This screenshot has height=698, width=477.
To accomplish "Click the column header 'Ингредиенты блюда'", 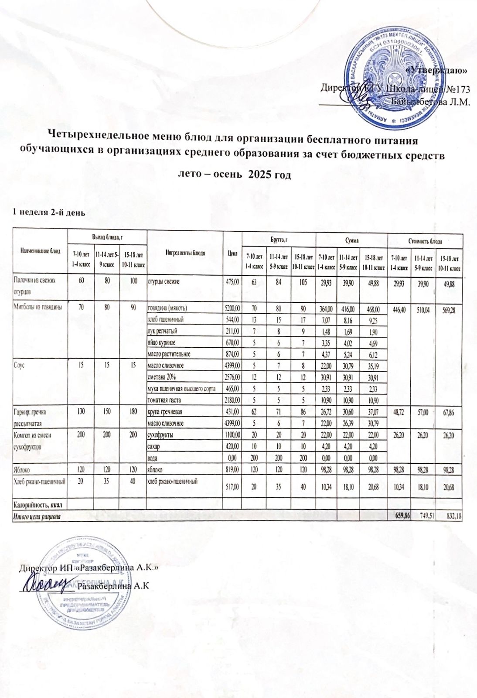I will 184,253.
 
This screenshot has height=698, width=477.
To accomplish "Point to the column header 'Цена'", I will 232,253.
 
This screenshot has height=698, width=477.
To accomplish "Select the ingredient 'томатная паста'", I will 164,400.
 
